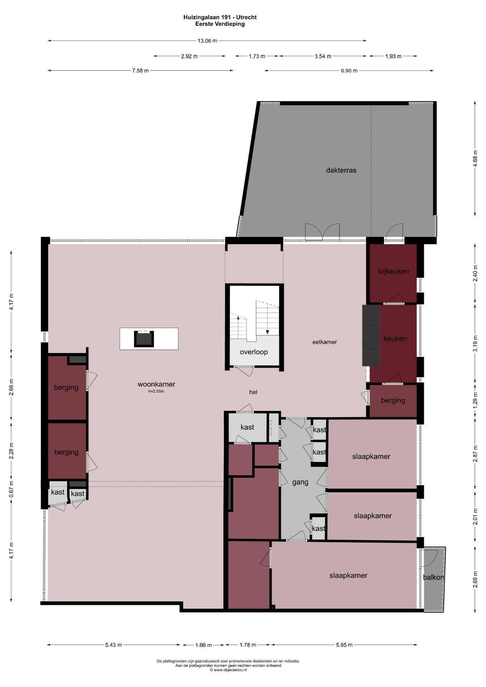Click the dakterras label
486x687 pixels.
341,170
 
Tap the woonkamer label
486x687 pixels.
156,384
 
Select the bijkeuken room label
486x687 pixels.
393,271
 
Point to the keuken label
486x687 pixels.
395,338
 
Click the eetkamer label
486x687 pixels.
325,342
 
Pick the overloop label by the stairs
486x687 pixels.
254,352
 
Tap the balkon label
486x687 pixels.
433,577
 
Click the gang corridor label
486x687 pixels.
300,482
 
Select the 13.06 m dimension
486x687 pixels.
207,41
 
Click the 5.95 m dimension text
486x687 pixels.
344,645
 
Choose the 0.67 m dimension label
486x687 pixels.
11,489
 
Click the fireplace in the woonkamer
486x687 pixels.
144,339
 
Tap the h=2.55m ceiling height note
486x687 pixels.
156,391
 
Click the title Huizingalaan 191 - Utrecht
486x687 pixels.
220,17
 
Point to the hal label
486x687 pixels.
253,392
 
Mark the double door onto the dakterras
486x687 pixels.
322,233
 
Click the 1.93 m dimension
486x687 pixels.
393,56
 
